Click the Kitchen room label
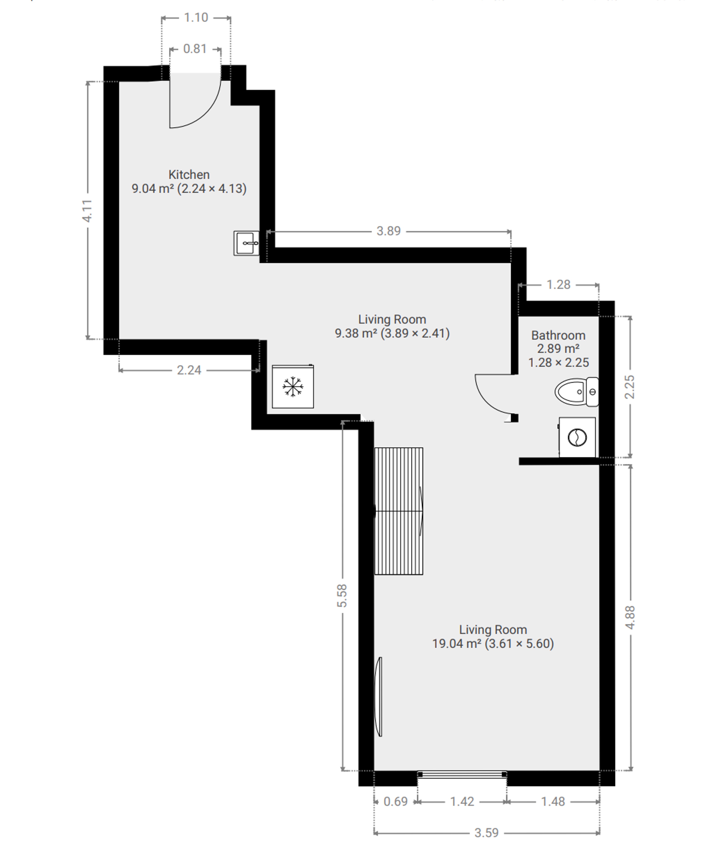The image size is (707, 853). click(x=189, y=175)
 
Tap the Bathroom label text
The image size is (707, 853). click(x=558, y=336)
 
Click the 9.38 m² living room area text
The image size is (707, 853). click(x=392, y=334)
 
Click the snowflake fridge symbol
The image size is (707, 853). click(x=293, y=386)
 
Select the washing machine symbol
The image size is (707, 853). click(x=577, y=438)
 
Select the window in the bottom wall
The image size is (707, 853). click(x=462, y=775)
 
